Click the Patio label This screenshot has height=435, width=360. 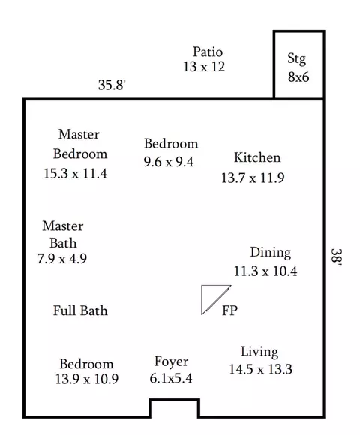click(x=208, y=52)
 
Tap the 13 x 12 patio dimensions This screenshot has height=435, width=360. click(x=204, y=67)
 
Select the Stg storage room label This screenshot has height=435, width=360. click(x=297, y=58)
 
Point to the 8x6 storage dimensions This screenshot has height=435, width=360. click(x=298, y=76)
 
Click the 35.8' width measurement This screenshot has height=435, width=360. click(x=112, y=85)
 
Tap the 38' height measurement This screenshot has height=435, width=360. click(x=337, y=257)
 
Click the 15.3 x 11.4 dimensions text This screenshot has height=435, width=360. click(x=76, y=174)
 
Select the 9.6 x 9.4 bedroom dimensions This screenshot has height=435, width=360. click(x=169, y=162)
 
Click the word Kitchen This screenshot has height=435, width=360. click(x=257, y=157)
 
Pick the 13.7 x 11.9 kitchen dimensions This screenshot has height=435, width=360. click(x=253, y=178)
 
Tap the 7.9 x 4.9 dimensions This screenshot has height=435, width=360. click(x=62, y=259)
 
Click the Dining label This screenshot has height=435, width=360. click(x=271, y=253)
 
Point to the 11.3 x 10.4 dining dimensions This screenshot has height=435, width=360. click(x=265, y=271)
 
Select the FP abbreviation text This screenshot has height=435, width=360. click(x=230, y=310)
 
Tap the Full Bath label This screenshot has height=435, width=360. click(x=80, y=310)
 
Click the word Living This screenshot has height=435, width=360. click(x=259, y=352)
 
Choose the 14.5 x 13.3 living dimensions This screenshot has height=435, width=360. click(x=261, y=369)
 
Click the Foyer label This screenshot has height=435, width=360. click(x=172, y=361)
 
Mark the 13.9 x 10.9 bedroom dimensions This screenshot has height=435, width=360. click(x=87, y=379)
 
